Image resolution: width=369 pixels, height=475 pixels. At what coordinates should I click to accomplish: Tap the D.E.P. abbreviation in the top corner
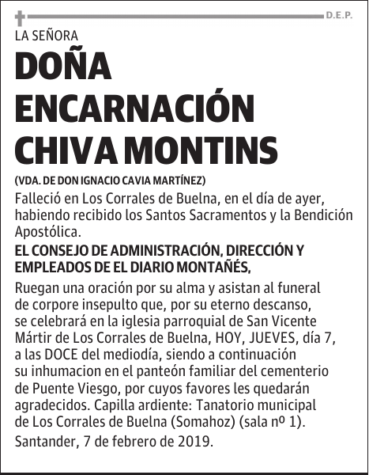click(339, 15)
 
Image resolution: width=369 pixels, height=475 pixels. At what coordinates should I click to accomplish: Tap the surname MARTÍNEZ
click(183, 180)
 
